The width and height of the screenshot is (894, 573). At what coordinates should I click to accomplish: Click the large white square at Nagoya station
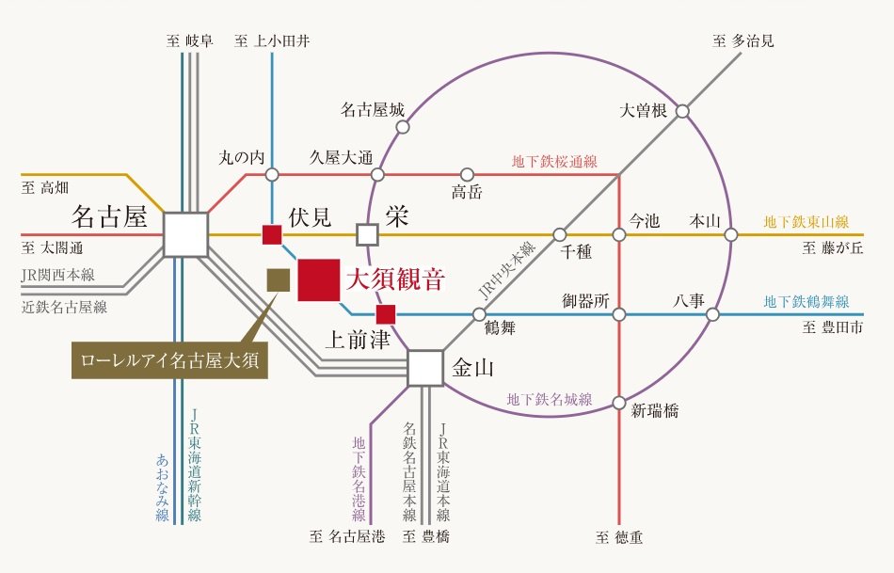185,234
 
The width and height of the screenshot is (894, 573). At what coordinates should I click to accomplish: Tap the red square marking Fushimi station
272,234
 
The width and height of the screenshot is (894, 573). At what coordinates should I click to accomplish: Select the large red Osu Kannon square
319,279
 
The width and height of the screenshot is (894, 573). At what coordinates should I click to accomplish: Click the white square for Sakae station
368,234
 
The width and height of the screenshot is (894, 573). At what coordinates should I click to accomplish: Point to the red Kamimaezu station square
386,314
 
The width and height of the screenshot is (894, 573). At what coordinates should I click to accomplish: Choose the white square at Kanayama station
425,368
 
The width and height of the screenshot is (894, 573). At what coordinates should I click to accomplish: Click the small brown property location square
279,279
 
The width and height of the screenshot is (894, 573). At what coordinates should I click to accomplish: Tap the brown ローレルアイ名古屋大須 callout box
169,359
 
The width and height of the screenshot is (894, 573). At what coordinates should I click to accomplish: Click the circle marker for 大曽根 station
682,111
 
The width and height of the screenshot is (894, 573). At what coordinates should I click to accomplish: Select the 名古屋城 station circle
403,127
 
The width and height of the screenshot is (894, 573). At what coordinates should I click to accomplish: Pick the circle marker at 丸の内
272,174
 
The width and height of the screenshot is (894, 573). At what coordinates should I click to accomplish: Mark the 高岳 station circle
467,174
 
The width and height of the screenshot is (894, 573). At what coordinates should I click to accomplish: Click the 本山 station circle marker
731,234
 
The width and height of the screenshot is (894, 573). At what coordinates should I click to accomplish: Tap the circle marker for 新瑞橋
619,403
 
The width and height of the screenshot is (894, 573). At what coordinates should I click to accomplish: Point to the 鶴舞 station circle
479,314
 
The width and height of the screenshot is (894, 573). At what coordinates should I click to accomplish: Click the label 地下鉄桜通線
554,161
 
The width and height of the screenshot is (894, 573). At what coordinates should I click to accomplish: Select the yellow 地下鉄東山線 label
806,222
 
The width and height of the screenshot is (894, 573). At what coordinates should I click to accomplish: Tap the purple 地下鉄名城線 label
550,399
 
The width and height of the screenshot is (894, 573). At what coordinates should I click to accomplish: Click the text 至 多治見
742,41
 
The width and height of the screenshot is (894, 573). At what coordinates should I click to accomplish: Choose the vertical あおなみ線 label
163,487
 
